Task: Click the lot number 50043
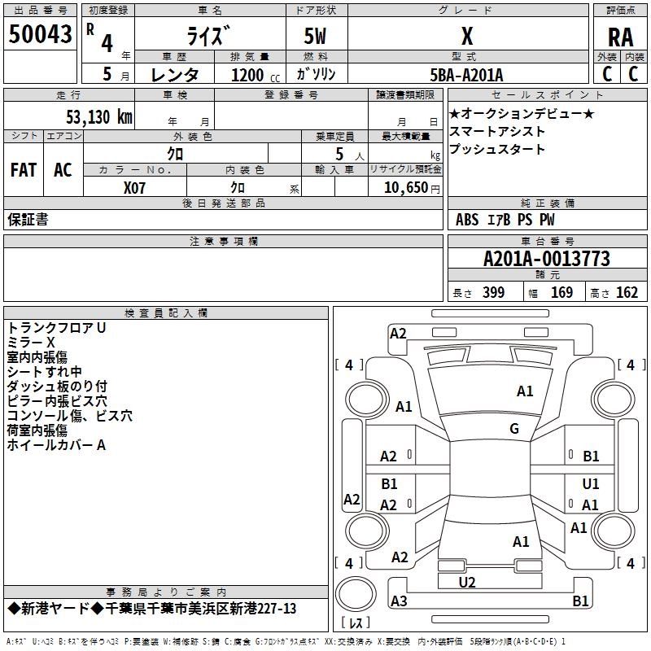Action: point(40,34)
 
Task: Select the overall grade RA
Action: point(621,37)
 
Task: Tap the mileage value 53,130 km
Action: point(99,116)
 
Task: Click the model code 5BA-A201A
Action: point(466,75)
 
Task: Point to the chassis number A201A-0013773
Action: point(547,259)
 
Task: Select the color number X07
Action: point(134,188)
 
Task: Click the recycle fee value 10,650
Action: point(406,188)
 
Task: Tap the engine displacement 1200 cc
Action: point(256,75)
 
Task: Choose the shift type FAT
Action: point(24,170)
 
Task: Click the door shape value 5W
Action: point(315,36)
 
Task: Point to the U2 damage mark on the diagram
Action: point(467,582)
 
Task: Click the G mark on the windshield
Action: point(514,429)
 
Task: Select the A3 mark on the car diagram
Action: point(399,601)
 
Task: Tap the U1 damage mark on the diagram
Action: point(591,483)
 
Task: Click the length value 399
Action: point(494,292)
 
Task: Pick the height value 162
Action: point(627,292)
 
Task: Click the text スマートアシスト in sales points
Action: point(497,132)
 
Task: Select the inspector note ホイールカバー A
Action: point(56,445)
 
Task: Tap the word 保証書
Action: point(28,220)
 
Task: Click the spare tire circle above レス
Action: point(356,594)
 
